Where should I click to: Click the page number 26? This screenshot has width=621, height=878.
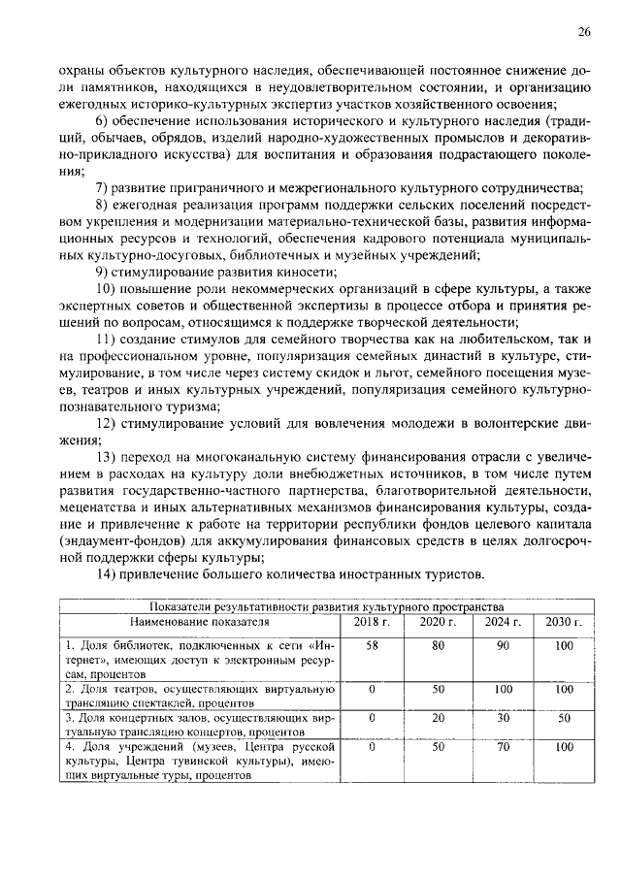584,32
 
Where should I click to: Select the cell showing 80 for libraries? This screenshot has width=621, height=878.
438,644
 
